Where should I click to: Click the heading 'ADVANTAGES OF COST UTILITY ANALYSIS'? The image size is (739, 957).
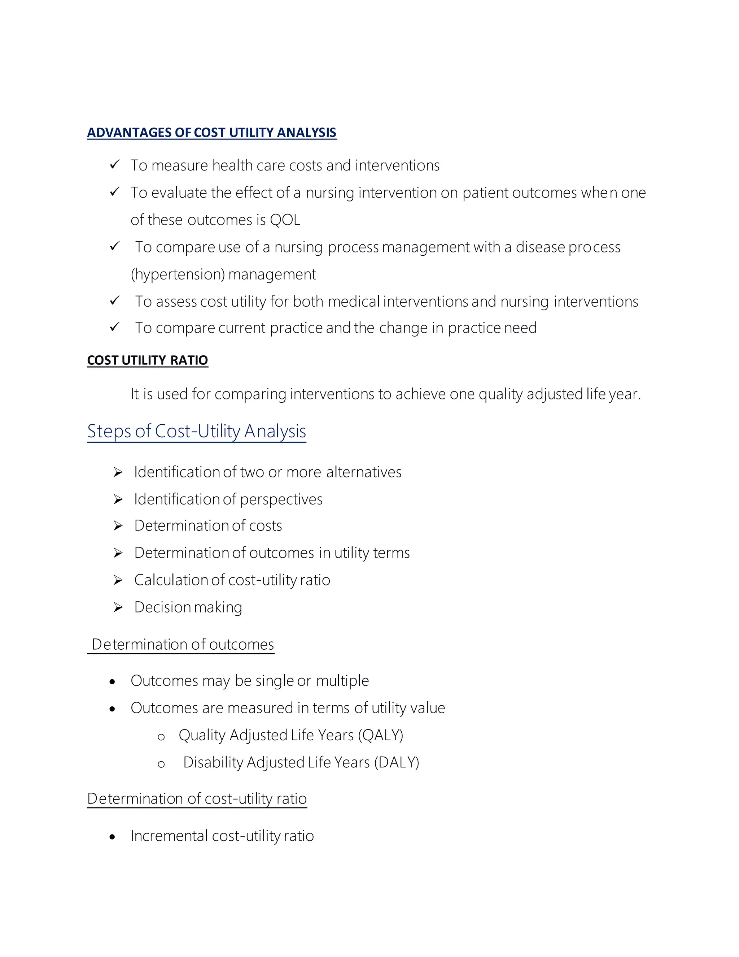click(212, 132)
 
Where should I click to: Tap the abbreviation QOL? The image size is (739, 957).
click(285, 220)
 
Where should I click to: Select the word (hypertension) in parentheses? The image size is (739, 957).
click(178, 274)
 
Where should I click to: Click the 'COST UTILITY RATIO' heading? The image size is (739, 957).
click(148, 360)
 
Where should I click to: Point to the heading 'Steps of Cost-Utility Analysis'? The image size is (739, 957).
click(197, 431)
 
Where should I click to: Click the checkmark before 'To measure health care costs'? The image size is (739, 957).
click(115, 165)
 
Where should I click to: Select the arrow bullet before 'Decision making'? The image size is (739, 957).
click(118, 607)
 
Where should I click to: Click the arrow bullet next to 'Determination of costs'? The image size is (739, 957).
click(118, 526)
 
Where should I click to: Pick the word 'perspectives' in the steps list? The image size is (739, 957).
click(281, 499)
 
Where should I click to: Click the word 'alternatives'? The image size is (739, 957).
click(364, 472)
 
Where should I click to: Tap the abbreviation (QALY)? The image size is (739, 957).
click(380, 735)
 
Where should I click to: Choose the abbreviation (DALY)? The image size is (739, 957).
click(397, 762)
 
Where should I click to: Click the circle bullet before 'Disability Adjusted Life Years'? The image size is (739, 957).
click(161, 764)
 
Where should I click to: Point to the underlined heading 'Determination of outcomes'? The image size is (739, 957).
click(183, 644)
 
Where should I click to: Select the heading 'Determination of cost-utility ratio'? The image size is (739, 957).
click(197, 798)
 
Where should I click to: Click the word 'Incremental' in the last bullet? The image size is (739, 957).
click(169, 836)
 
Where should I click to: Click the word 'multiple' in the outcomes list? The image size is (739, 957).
click(342, 680)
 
